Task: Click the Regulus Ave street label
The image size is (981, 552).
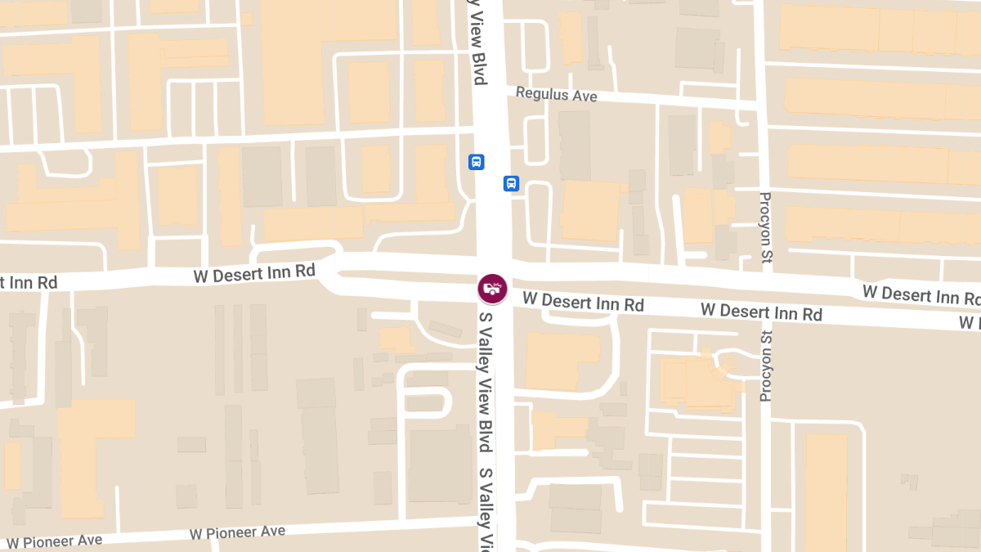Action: click(x=556, y=95)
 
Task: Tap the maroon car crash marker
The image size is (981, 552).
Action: click(x=493, y=288)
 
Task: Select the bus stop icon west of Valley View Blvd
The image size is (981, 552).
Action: click(x=477, y=162)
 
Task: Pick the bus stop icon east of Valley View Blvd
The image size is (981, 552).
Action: click(x=512, y=183)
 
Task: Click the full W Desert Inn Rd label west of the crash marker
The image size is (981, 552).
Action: click(x=254, y=273)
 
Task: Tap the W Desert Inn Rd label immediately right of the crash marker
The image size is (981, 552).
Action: click(x=583, y=302)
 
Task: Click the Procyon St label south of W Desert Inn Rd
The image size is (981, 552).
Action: click(x=766, y=366)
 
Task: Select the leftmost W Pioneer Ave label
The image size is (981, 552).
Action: click(x=54, y=541)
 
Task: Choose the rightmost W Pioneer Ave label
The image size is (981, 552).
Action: click(x=237, y=532)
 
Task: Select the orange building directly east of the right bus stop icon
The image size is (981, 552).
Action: click(x=590, y=211)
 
